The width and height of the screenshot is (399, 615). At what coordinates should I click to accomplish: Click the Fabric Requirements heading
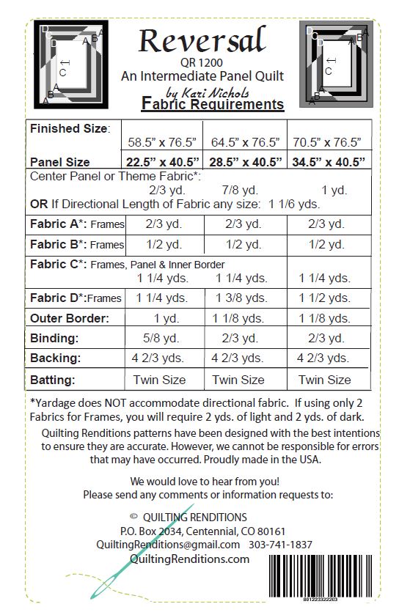212,104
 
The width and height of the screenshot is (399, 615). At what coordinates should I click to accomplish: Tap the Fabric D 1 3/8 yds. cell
238,298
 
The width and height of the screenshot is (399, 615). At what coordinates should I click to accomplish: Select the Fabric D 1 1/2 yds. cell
324,298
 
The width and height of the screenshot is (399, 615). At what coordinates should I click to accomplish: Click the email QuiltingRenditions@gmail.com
168,545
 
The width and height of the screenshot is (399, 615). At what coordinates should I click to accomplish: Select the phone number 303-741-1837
280,545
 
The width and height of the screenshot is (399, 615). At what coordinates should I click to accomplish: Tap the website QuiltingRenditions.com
188,559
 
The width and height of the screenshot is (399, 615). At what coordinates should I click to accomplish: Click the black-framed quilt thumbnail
72,62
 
